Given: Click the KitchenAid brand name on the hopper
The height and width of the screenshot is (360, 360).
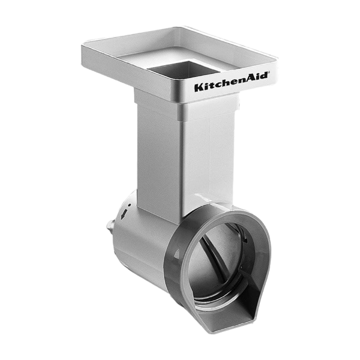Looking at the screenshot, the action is pos(231,82).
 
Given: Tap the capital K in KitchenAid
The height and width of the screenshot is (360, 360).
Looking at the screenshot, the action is pos(199,88).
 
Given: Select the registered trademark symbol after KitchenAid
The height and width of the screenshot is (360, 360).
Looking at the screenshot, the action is pos(268,73).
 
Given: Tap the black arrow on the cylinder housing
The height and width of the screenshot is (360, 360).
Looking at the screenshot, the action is pos(124,214).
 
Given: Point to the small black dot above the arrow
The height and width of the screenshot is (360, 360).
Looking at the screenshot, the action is pos(129,205).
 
